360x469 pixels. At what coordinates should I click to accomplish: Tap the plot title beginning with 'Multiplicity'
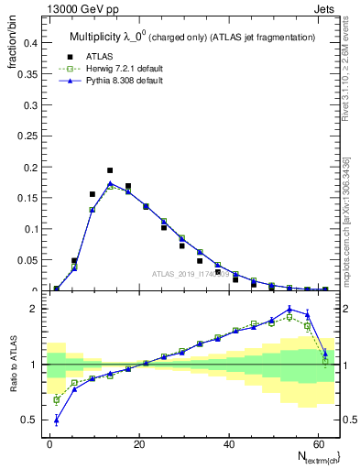(x=192, y=36)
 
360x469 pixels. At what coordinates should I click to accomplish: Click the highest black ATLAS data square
(x=110, y=170)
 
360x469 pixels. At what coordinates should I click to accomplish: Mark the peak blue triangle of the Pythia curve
(x=110, y=183)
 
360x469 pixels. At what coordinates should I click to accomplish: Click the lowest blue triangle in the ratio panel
(x=57, y=420)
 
